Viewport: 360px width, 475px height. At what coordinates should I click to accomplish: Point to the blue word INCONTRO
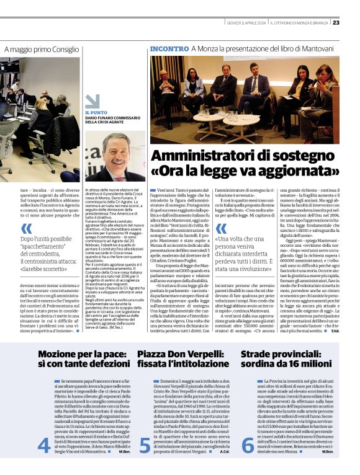coord(169,48)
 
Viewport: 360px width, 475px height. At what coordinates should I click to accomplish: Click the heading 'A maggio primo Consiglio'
coord(42,49)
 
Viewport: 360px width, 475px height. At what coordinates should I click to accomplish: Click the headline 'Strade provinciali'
coord(281,355)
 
